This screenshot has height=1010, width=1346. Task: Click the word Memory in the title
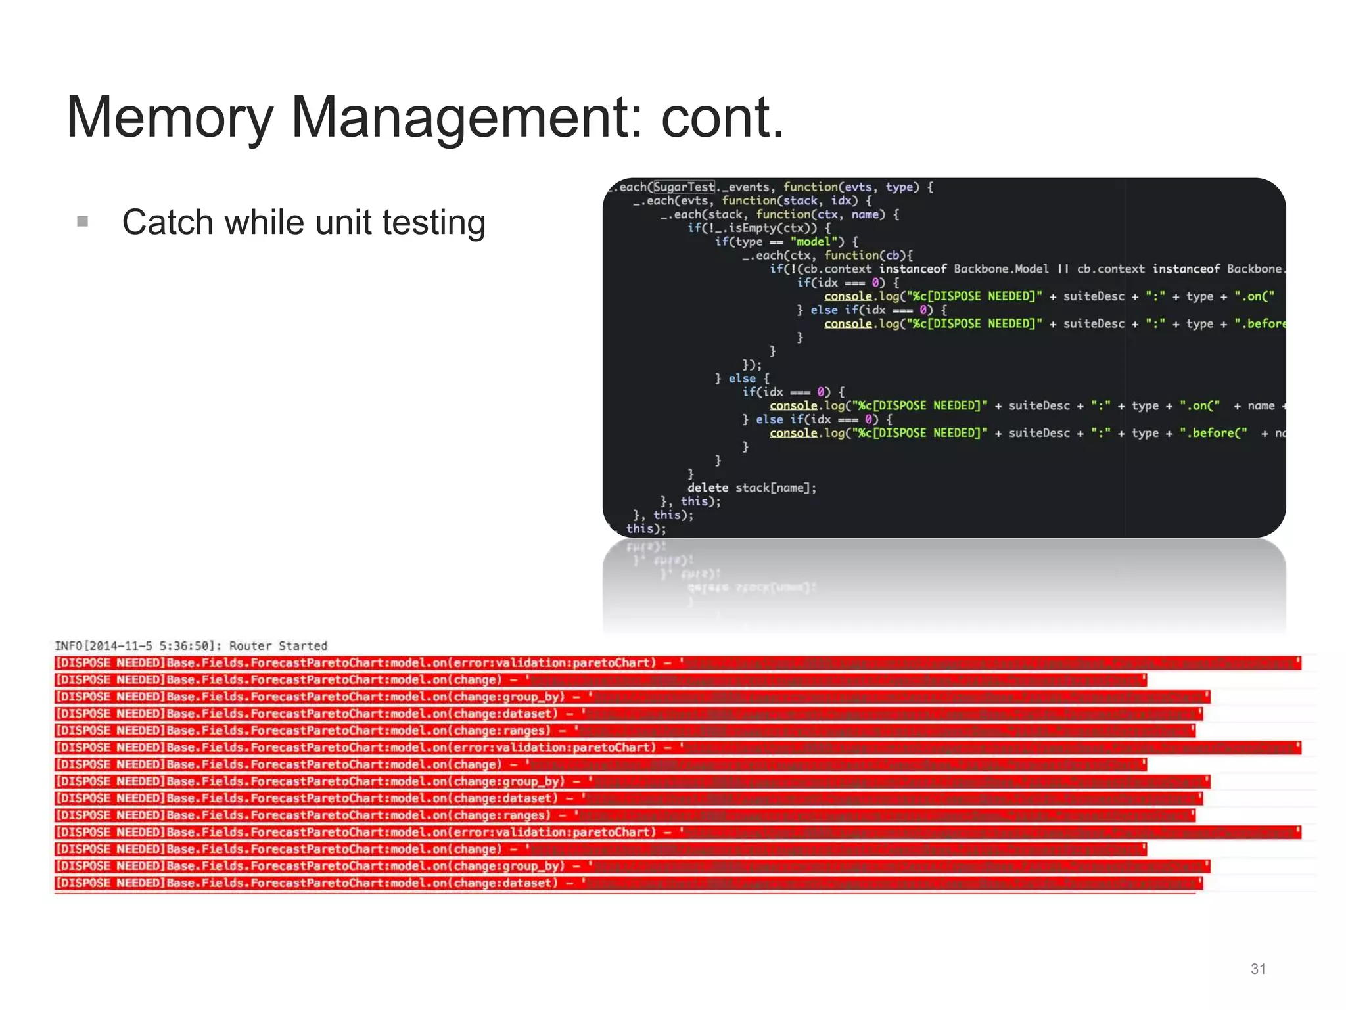coord(170,118)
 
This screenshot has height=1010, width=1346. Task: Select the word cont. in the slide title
coord(722,118)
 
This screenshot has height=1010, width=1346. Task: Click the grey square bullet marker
coord(83,221)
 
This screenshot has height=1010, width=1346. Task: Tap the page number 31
coord(1258,969)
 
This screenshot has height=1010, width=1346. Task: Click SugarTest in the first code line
coord(684,187)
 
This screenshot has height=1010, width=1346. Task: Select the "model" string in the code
coord(817,242)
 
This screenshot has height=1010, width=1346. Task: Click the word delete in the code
coord(707,488)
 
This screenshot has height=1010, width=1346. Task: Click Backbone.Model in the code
coord(1000,269)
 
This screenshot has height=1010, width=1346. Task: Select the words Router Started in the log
coord(278,646)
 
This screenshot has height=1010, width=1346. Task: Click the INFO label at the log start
coord(68,646)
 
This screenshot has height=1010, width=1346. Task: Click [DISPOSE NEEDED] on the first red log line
coord(110,663)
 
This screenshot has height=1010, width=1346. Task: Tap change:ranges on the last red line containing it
coord(501,815)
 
